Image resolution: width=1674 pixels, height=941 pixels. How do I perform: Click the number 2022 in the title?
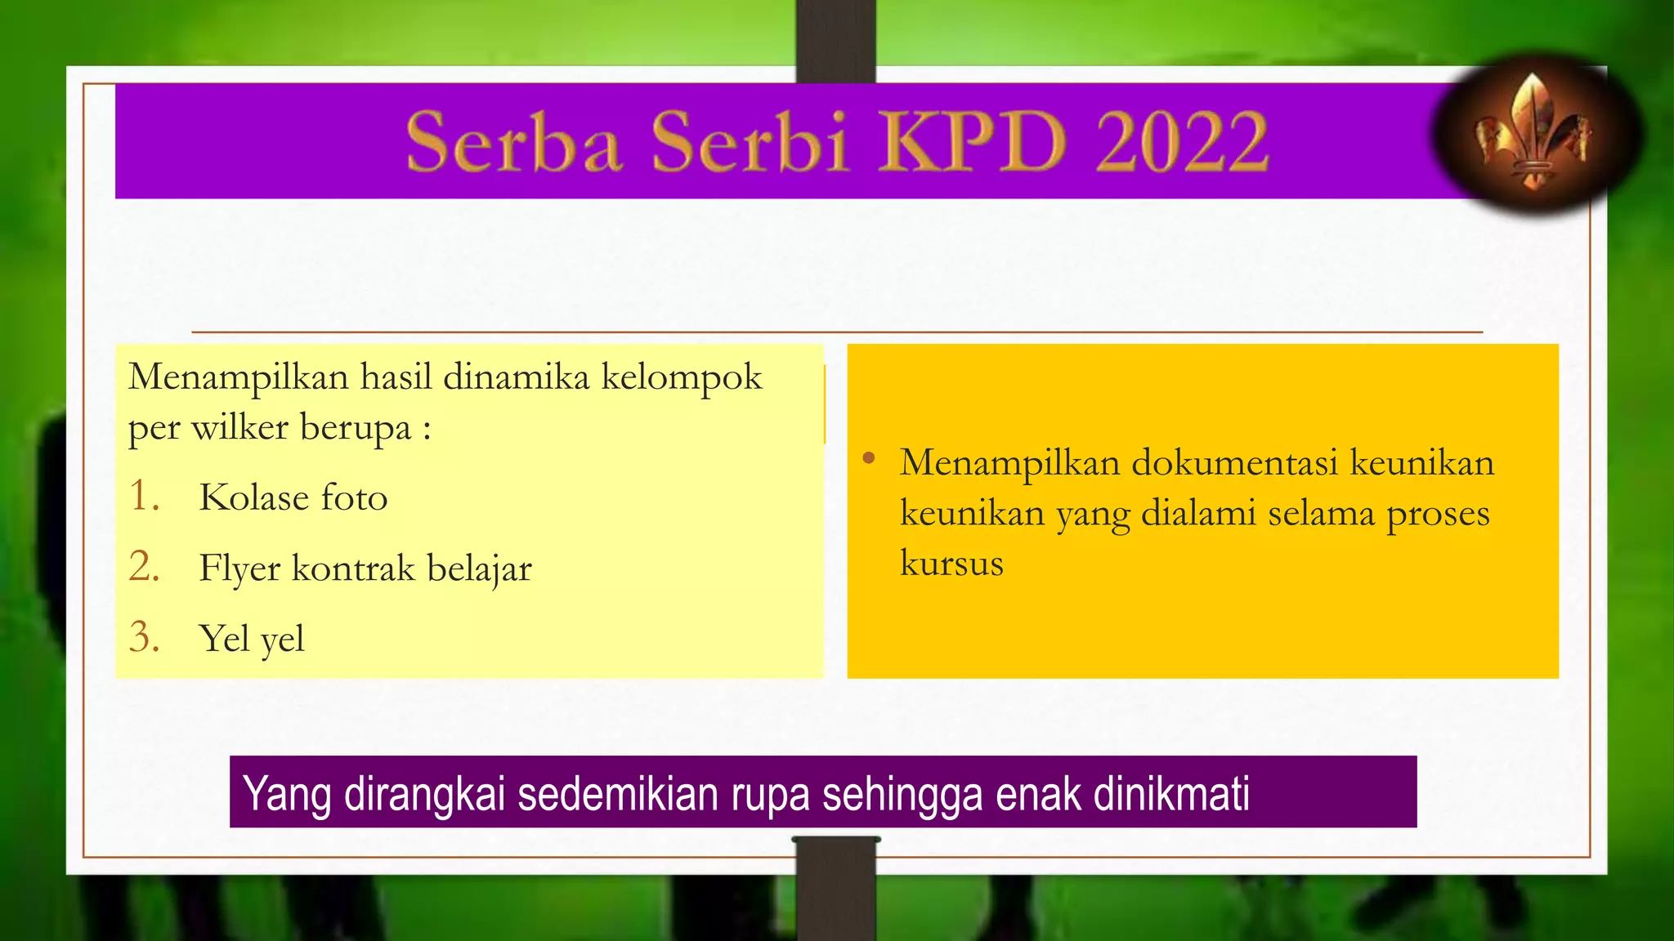[1181, 142]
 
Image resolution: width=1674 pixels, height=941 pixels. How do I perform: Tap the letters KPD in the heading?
[973, 142]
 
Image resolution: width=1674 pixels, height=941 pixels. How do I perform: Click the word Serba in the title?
[513, 142]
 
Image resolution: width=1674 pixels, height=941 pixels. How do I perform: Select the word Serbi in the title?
[750, 142]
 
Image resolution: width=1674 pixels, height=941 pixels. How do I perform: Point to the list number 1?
[143, 496]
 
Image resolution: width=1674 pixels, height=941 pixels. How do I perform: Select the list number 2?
[144, 566]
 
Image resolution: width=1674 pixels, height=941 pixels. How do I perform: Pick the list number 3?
[144, 637]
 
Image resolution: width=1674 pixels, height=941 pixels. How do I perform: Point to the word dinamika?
[516, 377]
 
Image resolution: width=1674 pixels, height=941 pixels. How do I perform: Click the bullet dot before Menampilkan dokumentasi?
[869, 458]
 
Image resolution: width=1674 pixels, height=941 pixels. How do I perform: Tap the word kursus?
[951, 563]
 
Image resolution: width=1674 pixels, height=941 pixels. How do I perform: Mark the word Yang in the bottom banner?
[287, 794]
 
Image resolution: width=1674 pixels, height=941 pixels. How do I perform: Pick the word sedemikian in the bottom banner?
[618, 794]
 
